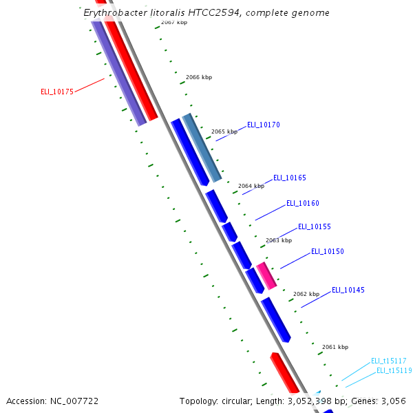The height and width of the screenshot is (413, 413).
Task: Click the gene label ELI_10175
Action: [57, 92]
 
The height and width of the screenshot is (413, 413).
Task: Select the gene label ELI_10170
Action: [264, 125]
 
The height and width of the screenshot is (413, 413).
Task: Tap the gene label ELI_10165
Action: [290, 178]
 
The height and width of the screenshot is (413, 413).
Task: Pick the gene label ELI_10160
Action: [303, 203]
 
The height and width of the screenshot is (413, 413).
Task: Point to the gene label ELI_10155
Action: [315, 226]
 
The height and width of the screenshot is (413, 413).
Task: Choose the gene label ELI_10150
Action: [328, 251]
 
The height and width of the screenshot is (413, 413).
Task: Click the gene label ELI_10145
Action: [348, 290]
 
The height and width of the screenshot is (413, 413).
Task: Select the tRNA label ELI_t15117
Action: [389, 361]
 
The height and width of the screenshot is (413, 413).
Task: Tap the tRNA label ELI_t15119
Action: [394, 370]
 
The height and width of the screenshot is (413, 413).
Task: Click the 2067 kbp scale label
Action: [174, 23]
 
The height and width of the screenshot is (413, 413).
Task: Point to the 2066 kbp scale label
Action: [199, 77]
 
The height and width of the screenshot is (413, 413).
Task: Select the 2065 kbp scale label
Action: [224, 131]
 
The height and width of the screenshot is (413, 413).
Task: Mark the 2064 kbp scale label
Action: [251, 186]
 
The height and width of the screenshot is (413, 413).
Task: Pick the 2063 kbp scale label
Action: [279, 240]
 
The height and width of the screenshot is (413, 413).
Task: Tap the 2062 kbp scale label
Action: [306, 294]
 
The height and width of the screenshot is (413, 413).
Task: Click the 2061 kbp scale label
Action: [335, 347]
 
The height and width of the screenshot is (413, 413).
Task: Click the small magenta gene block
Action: [266, 275]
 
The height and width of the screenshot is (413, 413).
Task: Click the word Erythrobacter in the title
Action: [115, 13]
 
